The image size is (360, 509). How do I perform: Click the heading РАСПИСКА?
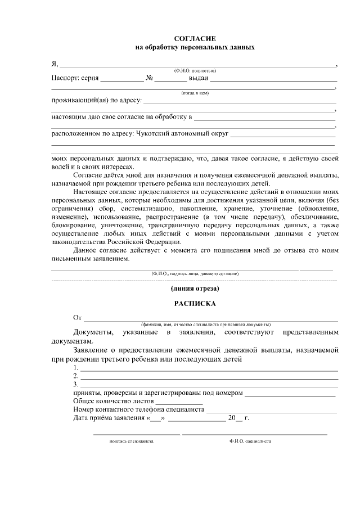coord(195,304)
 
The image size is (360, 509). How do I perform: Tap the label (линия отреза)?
coord(195,289)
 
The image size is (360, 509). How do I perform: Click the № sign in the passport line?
coord(150,79)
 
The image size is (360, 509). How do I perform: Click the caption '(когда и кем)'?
coord(195,93)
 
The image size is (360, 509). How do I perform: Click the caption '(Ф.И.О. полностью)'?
coord(195,70)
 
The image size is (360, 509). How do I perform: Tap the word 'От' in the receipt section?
coord(78,318)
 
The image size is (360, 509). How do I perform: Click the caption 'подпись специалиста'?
coord(132,442)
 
